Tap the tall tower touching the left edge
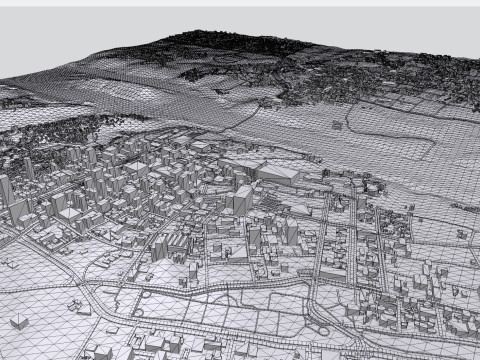point(5,190)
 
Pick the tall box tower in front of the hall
point(243,198)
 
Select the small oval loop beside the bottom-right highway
point(320,330)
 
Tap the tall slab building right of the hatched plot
point(291,231)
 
